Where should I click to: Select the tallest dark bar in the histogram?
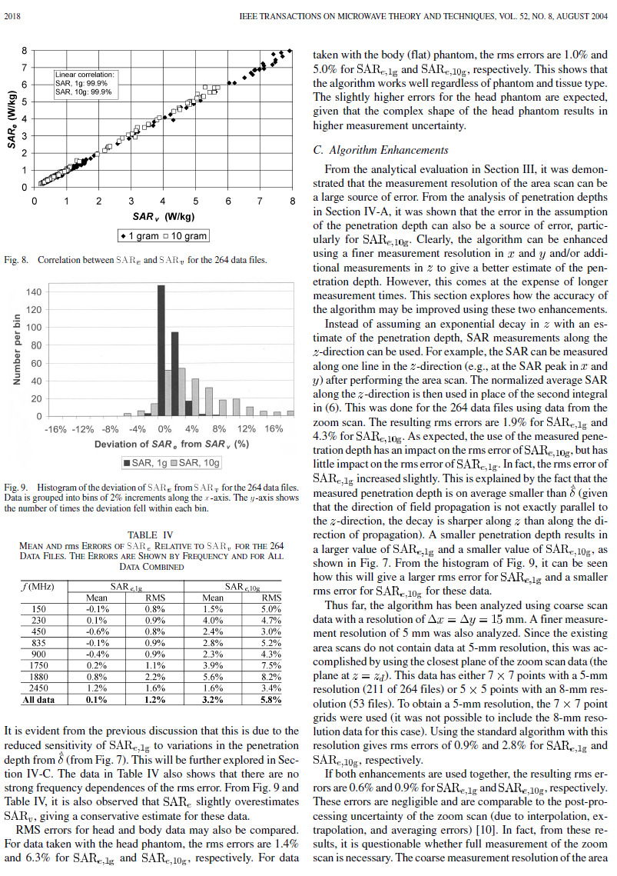pyautogui.click(x=161, y=351)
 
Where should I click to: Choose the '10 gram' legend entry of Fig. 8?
pyautogui.click(x=184, y=235)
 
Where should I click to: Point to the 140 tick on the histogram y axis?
pyautogui.click(x=34, y=292)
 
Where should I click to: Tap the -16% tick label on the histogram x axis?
pyautogui.click(x=57, y=428)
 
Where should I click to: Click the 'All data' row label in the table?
pyautogui.click(x=39, y=700)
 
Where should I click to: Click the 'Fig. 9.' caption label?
pyautogui.click(x=15, y=488)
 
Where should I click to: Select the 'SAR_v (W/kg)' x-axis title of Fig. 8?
pyautogui.click(x=163, y=216)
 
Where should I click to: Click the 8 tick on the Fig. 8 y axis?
pyautogui.click(x=25, y=51)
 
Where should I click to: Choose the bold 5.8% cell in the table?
pyautogui.click(x=270, y=700)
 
